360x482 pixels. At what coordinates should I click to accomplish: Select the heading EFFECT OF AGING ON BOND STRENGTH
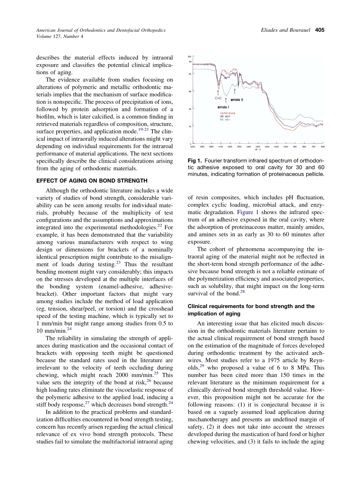click(x=92, y=180)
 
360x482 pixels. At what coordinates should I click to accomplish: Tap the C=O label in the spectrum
click(x=218, y=98)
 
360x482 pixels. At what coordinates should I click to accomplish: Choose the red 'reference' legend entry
click(x=227, y=113)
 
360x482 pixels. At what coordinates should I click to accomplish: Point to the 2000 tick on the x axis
click(x=193, y=146)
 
